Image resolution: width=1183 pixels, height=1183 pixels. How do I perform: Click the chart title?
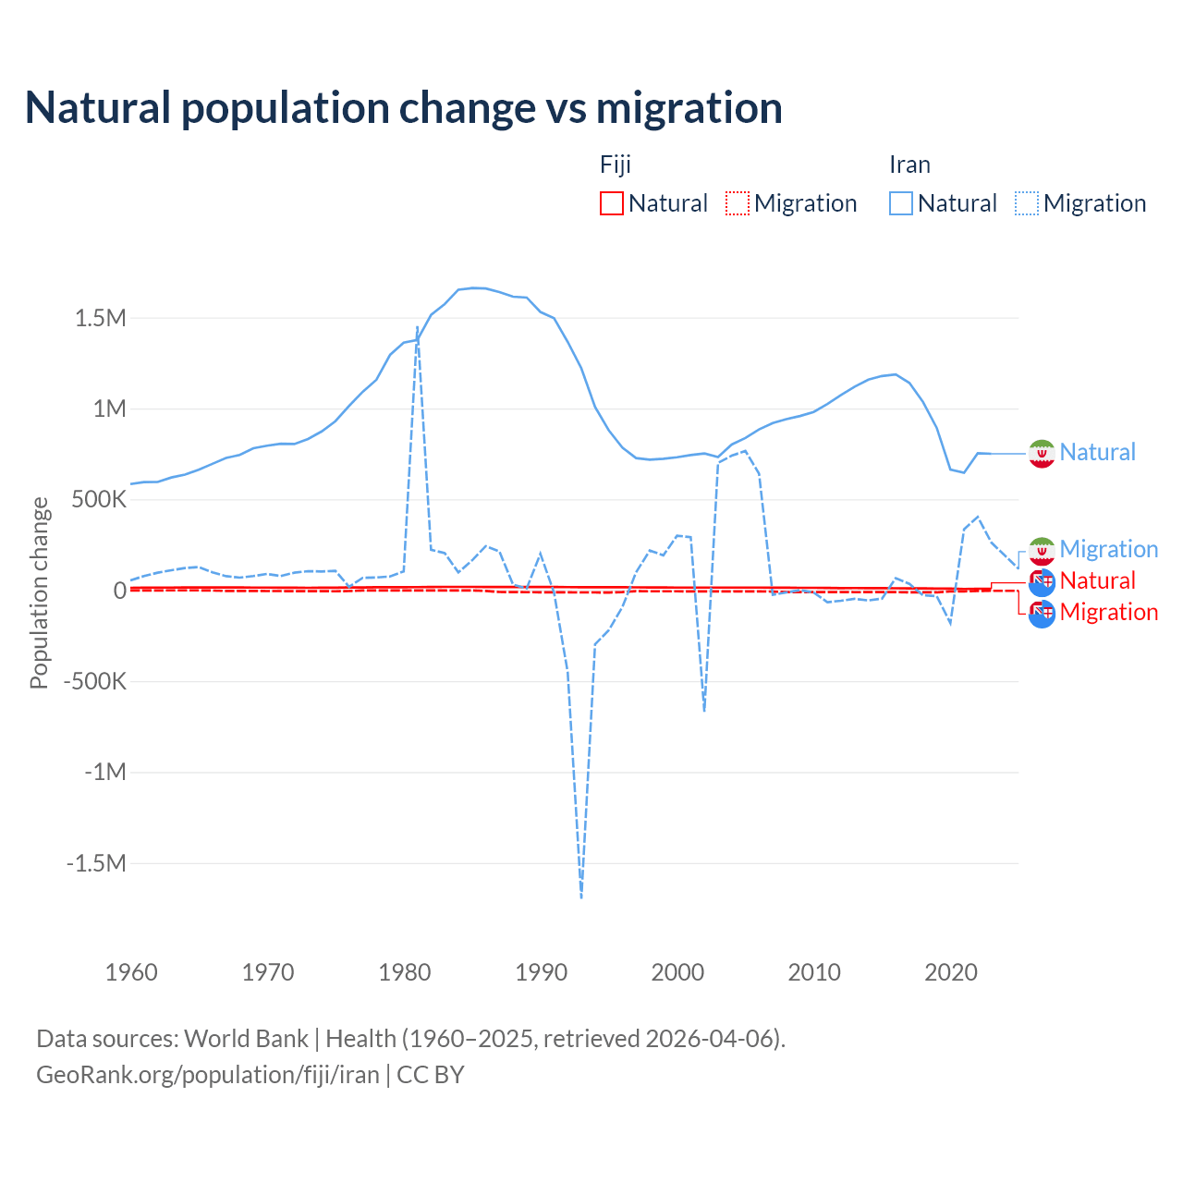coord(404,108)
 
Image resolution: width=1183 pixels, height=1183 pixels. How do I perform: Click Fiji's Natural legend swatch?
coord(612,203)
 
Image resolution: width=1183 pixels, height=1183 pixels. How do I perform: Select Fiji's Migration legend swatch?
coord(738,203)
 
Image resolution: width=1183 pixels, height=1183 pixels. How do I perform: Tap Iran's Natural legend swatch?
coord(901,203)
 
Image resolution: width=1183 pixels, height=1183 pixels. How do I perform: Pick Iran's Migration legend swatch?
coord(1027,203)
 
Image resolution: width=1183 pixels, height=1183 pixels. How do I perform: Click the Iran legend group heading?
coord(909,165)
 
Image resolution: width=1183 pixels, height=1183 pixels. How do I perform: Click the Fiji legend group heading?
coord(616,165)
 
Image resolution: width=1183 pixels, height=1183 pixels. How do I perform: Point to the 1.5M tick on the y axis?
coord(101,319)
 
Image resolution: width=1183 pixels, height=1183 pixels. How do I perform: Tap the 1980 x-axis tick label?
coord(405,972)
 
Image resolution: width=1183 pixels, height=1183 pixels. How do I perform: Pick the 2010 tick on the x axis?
coord(814,972)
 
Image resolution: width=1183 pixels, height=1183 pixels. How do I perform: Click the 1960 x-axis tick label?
coord(131,972)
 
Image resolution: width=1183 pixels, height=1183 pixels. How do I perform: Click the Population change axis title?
coord(39,592)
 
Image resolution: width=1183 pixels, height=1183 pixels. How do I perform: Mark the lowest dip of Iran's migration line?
coord(581,896)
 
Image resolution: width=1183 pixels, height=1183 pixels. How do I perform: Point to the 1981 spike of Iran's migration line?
coord(417,327)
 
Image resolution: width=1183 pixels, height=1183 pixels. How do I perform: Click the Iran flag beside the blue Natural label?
coord(1042,453)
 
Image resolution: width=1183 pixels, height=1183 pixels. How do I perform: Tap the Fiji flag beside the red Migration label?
coord(1042,613)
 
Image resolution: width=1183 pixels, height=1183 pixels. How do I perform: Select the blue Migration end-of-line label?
coord(1108,549)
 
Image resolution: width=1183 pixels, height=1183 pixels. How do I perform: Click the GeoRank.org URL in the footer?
coord(208,1075)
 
